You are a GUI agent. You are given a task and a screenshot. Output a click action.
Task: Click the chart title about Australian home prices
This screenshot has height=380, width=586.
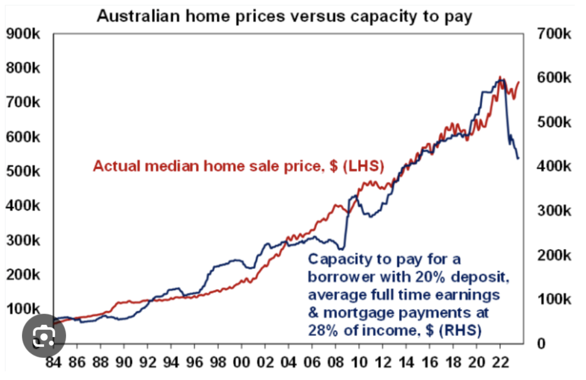click(285, 16)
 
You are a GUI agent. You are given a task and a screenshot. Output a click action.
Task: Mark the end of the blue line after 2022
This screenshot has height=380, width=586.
click(518, 158)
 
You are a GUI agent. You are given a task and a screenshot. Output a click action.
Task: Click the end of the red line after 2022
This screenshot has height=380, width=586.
click(518, 83)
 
